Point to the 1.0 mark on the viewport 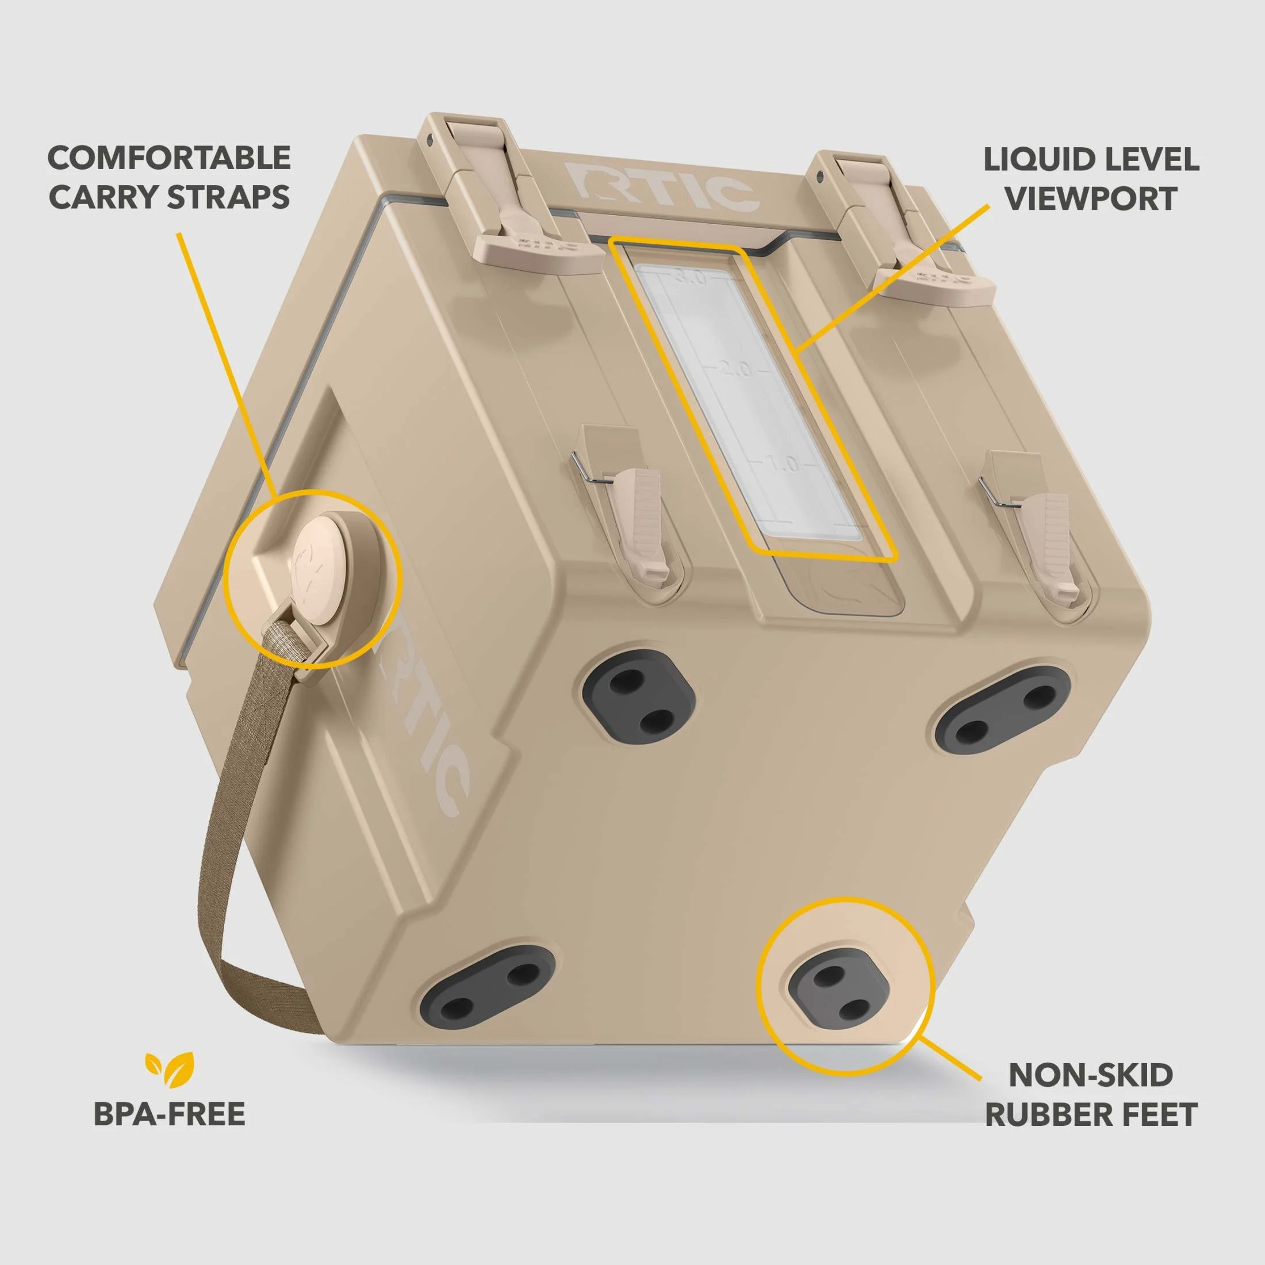pyautogui.click(x=784, y=464)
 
